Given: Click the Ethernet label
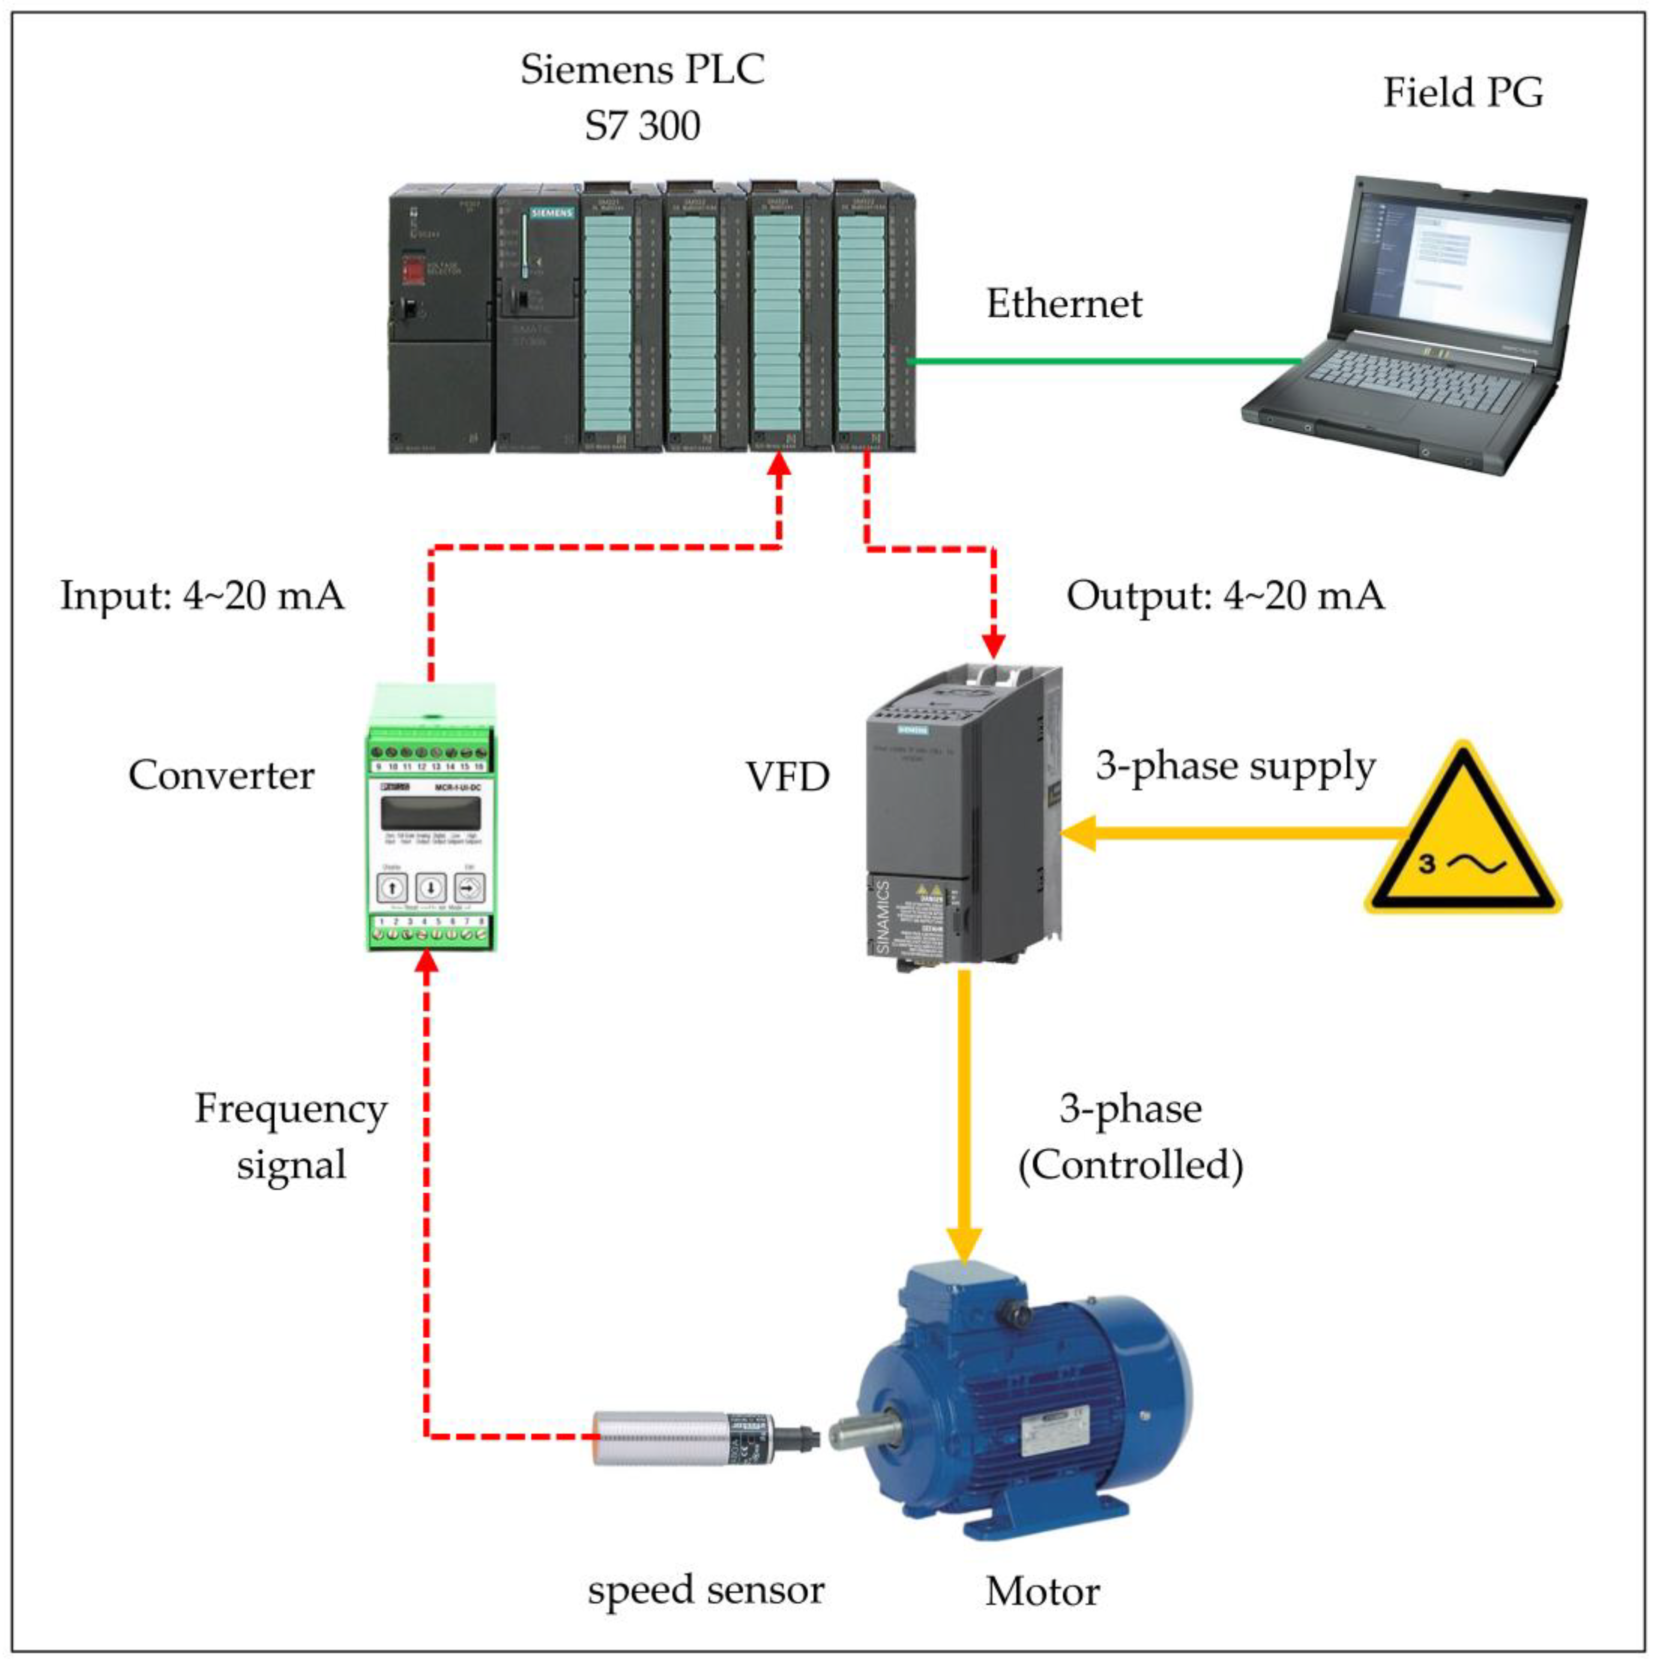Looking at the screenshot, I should click(x=1063, y=304).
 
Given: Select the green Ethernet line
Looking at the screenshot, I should click(x=1100, y=361).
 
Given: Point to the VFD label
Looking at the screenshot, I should click(x=787, y=777).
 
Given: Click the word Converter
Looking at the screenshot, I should click(x=221, y=775).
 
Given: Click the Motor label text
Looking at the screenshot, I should click(x=1042, y=1591).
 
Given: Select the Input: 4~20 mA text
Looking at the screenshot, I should click(x=202, y=595).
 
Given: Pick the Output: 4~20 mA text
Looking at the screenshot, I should click(x=1225, y=595).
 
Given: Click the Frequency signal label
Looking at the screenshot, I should click(x=291, y=1137).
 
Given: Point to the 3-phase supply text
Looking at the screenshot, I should click(x=1236, y=766).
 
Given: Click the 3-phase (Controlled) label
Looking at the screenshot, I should click(x=1130, y=1137).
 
